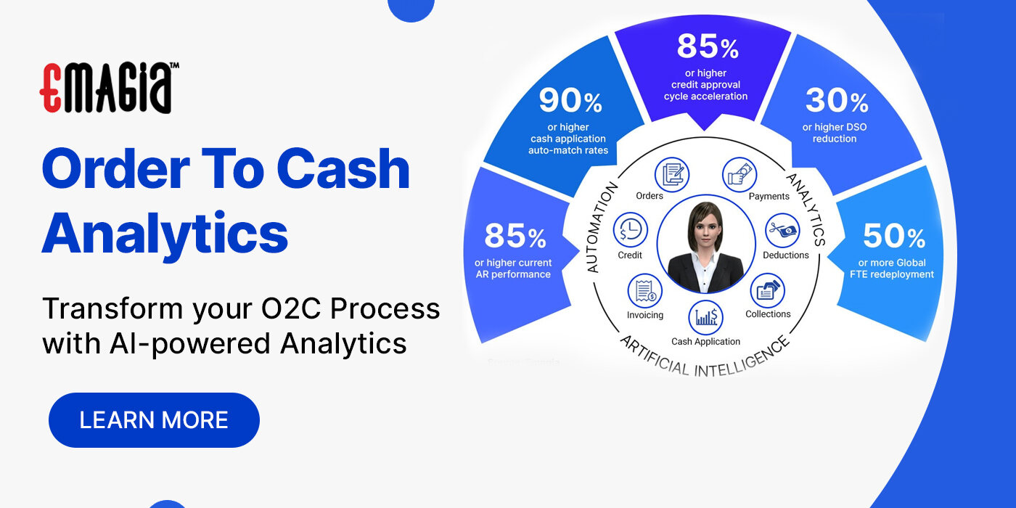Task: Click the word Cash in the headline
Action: pos(343,168)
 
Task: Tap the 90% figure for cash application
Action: pos(570,102)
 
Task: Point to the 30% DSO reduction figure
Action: pos(836,101)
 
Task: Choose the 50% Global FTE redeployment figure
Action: pos(894,237)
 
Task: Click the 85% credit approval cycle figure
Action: pos(707,47)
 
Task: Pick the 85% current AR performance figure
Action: pos(515,236)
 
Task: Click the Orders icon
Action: pos(671,175)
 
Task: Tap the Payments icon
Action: pos(739,175)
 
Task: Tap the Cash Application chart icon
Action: pos(705,317)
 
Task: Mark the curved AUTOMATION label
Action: pos(602,227)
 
